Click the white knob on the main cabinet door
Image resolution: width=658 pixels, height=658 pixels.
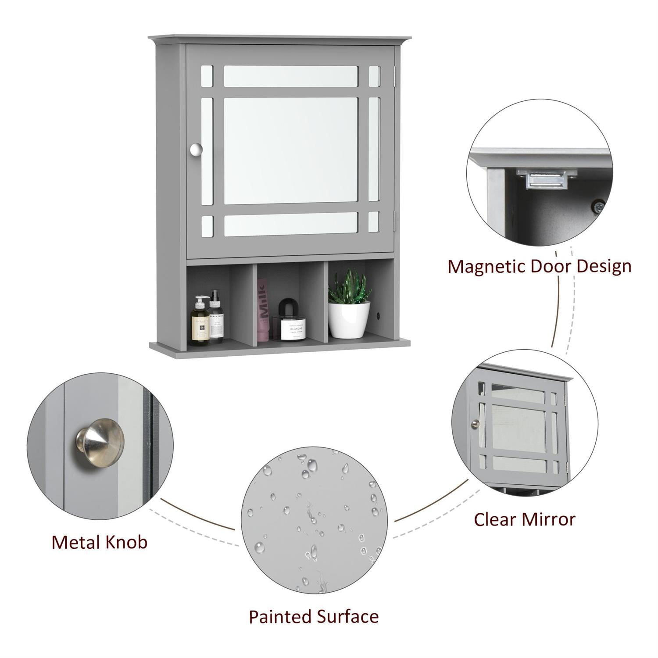196,150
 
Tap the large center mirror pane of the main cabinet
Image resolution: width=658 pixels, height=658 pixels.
291,150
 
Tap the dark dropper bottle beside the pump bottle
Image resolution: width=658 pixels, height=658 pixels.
216,317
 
